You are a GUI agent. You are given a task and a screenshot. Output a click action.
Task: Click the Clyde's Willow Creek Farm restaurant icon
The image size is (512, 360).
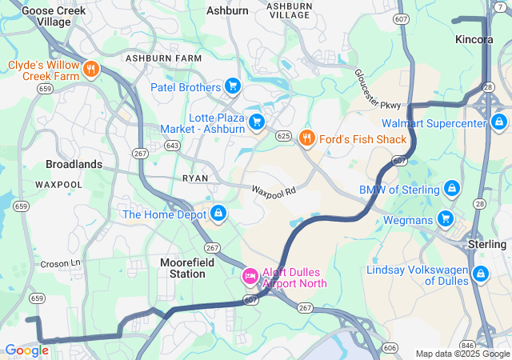click(x=91, y=69)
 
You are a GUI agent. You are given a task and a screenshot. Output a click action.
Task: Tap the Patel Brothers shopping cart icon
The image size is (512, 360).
click(x=232, y=86)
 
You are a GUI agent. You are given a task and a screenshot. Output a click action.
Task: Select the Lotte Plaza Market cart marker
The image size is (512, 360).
click(x=257, y=122)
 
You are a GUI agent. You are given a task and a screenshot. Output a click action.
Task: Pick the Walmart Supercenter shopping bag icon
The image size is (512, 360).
click(x=498, y=122)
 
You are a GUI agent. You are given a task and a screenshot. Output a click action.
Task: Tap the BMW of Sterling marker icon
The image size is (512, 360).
click(x=452, y=189)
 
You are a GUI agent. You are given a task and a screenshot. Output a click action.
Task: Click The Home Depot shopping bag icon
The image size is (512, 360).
click(x=218, y=214)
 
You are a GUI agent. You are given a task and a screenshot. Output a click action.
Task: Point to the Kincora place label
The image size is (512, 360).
click(x=473, y=39)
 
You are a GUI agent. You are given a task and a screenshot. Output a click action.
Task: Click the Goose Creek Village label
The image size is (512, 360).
click(x=46, y=17)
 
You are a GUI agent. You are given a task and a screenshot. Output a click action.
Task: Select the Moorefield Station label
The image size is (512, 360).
click(x=182, y=268)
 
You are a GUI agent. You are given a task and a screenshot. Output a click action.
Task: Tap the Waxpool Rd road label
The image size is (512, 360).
click(x=274, y=191)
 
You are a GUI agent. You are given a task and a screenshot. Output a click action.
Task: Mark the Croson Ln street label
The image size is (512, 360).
click(x=61, y=262)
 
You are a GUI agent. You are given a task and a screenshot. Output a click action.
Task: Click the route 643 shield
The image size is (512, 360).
click(x=172, y=145)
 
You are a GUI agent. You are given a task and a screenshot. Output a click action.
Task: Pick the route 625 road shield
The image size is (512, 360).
click(x=282, y=137)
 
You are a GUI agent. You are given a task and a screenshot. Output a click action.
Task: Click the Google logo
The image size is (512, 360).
click(x=26, y=350)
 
